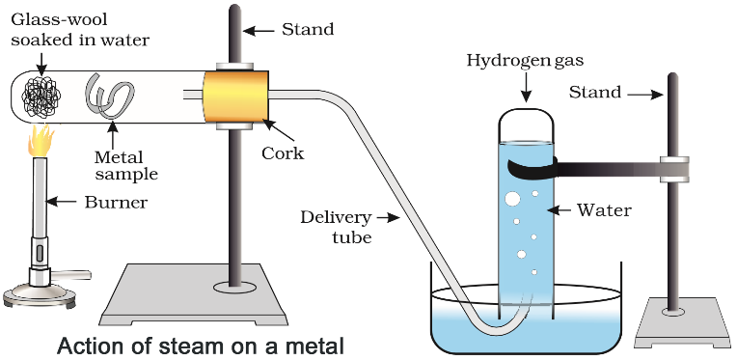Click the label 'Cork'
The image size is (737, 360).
[282, 152]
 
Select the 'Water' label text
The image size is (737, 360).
[604, 208]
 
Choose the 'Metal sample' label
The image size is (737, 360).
[125, 165]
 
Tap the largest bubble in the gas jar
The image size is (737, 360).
[513, 199]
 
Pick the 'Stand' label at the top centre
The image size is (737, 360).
[307, 29]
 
